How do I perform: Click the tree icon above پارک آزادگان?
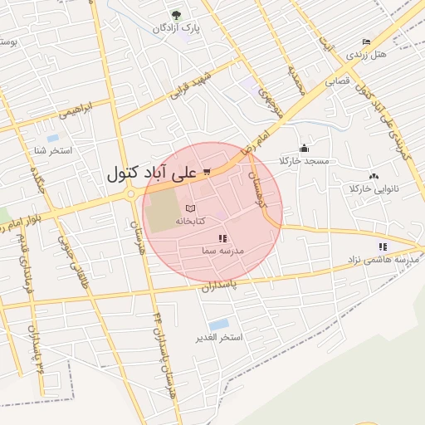click(175, 15)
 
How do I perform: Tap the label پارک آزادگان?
click(176, 29)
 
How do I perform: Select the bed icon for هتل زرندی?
click(367, 42)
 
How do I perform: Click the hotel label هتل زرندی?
click(366, 54)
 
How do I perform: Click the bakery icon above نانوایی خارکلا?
click(374, 176)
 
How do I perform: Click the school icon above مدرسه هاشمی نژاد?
click(383, 247)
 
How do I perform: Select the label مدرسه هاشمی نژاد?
click(383, 259)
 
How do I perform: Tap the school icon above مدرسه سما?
click(222, 238)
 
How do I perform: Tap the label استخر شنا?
click(52, 150)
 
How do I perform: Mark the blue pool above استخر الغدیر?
click(219, 324)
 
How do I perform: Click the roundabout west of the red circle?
click(131, 194)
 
